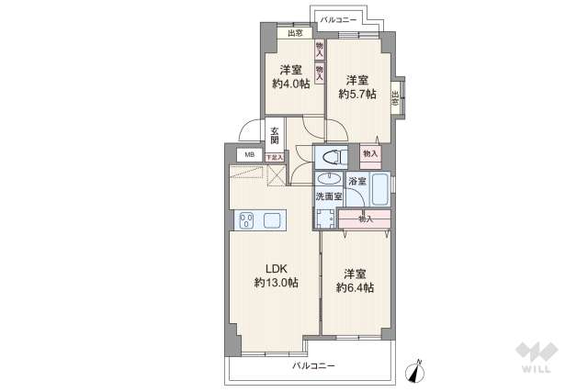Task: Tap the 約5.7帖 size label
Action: click(356, 94)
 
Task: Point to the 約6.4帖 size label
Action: click(355, 288)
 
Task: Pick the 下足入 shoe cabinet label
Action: click(275, 157)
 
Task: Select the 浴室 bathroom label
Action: click(357, 182)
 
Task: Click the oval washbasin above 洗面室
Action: click(327, 180)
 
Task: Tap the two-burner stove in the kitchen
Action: click(247, 219)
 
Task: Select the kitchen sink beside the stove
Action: click(274, 219)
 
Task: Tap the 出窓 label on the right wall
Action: click(396, 100)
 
